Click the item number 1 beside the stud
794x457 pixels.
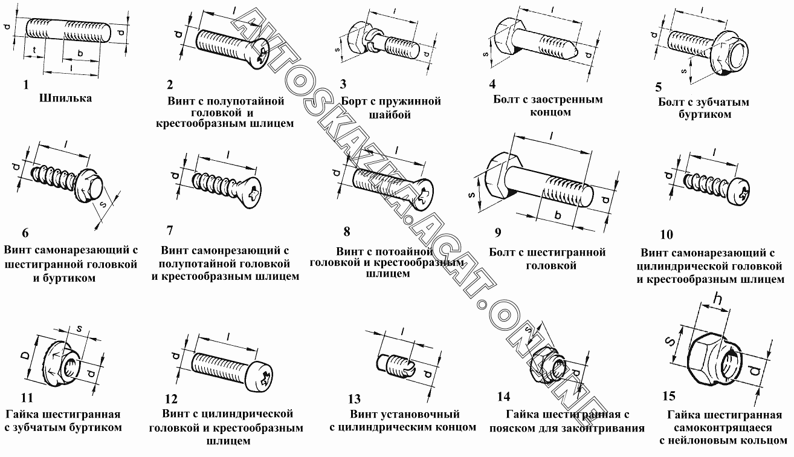point(26,85)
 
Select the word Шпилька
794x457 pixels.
point(65,98)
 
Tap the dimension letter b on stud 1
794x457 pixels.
point(80,54)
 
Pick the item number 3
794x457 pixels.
point(343,84)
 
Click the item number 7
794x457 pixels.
point(170,230)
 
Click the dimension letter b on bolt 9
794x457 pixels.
point(558,215)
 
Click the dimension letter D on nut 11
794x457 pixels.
point(24,354)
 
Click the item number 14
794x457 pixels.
point(503,397)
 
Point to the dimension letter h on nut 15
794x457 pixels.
point(717,299)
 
